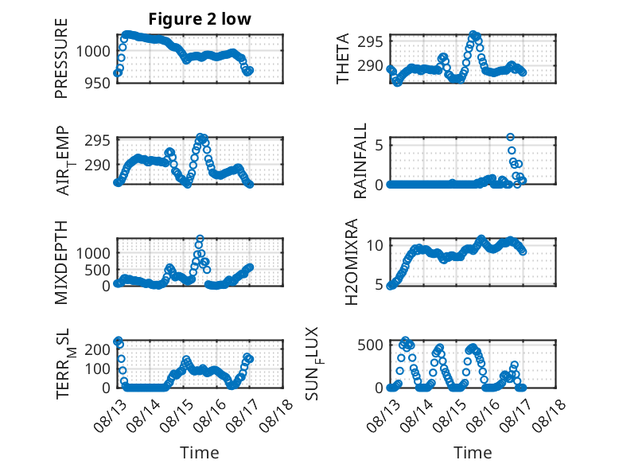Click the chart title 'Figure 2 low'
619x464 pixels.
pos(200,19)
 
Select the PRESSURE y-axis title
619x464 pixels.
pos(61,58)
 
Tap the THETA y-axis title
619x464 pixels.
pos(343,58)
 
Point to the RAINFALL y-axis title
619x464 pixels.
pos(360,161)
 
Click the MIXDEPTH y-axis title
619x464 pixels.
pos(61,262)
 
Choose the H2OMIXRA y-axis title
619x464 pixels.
pos(352,262)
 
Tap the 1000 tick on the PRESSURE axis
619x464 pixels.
pos(93,52)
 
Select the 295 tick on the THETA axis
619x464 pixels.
pos(370,41)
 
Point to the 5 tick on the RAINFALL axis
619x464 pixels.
pos(379,146)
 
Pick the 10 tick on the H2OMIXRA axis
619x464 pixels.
pos(375,246)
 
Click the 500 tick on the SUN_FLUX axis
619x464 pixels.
pos(370,345)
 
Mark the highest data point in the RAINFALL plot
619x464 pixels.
pos(511,137)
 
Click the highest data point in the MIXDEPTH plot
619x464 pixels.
pos(200,239)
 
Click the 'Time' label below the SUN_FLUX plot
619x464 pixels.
pos(473,453)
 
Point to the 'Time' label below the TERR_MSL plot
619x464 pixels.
pos(200,453)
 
